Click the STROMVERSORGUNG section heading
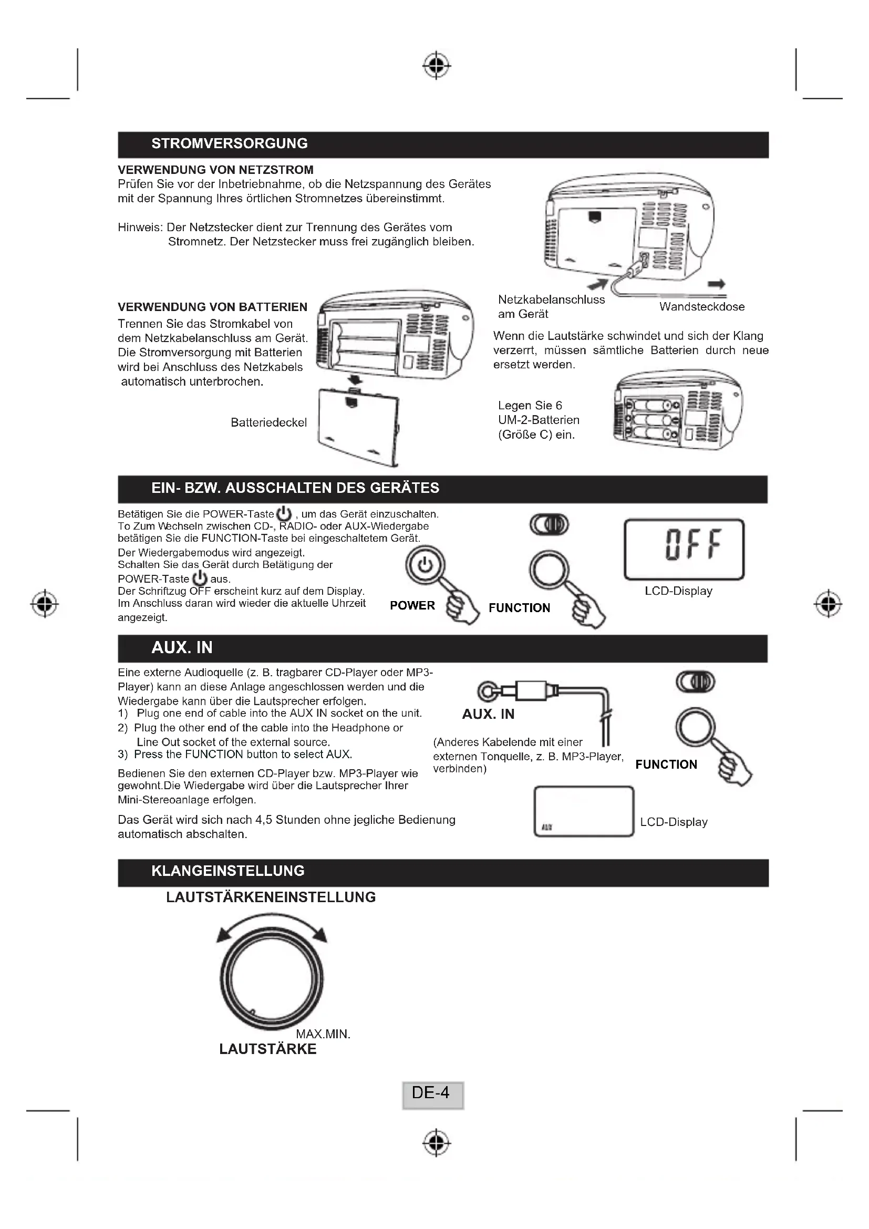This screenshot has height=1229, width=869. [230, 143]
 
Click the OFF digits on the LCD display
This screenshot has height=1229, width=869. [694, 544]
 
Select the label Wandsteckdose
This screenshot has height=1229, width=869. [701, 307]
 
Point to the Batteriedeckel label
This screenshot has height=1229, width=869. [268, 422]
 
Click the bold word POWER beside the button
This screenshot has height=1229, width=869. [412, 605]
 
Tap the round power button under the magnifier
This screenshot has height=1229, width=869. [425, 565]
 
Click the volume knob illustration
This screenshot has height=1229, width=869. [272, 979]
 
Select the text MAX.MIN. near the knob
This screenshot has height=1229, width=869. [323, 1034]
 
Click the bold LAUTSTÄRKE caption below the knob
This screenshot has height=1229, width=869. [267, 1049]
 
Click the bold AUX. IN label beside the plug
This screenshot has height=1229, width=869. [488, 714]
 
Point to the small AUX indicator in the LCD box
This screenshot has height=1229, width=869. [546, 827]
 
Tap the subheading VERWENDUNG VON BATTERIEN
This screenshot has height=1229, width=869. [212, 307]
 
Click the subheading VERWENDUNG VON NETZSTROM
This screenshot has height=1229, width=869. [215, 170]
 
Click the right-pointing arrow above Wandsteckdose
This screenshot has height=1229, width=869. [717, 284]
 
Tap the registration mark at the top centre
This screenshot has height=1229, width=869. [437, 66]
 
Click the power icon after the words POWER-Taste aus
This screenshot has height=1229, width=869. [200, 578]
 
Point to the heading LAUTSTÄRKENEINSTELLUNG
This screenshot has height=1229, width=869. [271, 897]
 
